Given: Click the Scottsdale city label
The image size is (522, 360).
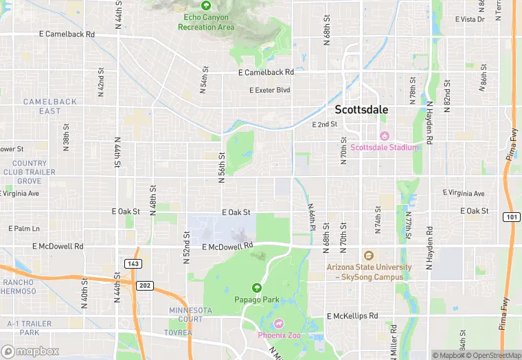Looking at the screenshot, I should click(361, 109).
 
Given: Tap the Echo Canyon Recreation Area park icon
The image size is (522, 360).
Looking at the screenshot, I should click(206, 5).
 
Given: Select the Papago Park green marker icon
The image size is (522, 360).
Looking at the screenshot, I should click(257, 287).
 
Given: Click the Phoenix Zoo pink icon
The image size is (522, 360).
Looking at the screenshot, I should click(278, 323).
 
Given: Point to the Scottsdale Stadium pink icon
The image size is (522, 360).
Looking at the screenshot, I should click(385, 135).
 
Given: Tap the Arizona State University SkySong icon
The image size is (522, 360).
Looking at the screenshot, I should click(368, 256).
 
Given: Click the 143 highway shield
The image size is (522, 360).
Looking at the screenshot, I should click(133, 263).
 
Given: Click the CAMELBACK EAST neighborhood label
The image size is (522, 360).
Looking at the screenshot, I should click(49, 106).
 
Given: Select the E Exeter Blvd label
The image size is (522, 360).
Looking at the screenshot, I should click(269, 90).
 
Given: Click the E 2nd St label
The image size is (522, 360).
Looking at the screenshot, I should click(324, 124).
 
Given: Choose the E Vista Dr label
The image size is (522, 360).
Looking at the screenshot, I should click(470, 19).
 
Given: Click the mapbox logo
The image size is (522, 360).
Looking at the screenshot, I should click(30, 351).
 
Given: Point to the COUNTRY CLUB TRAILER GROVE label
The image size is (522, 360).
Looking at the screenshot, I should click(27, 172).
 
